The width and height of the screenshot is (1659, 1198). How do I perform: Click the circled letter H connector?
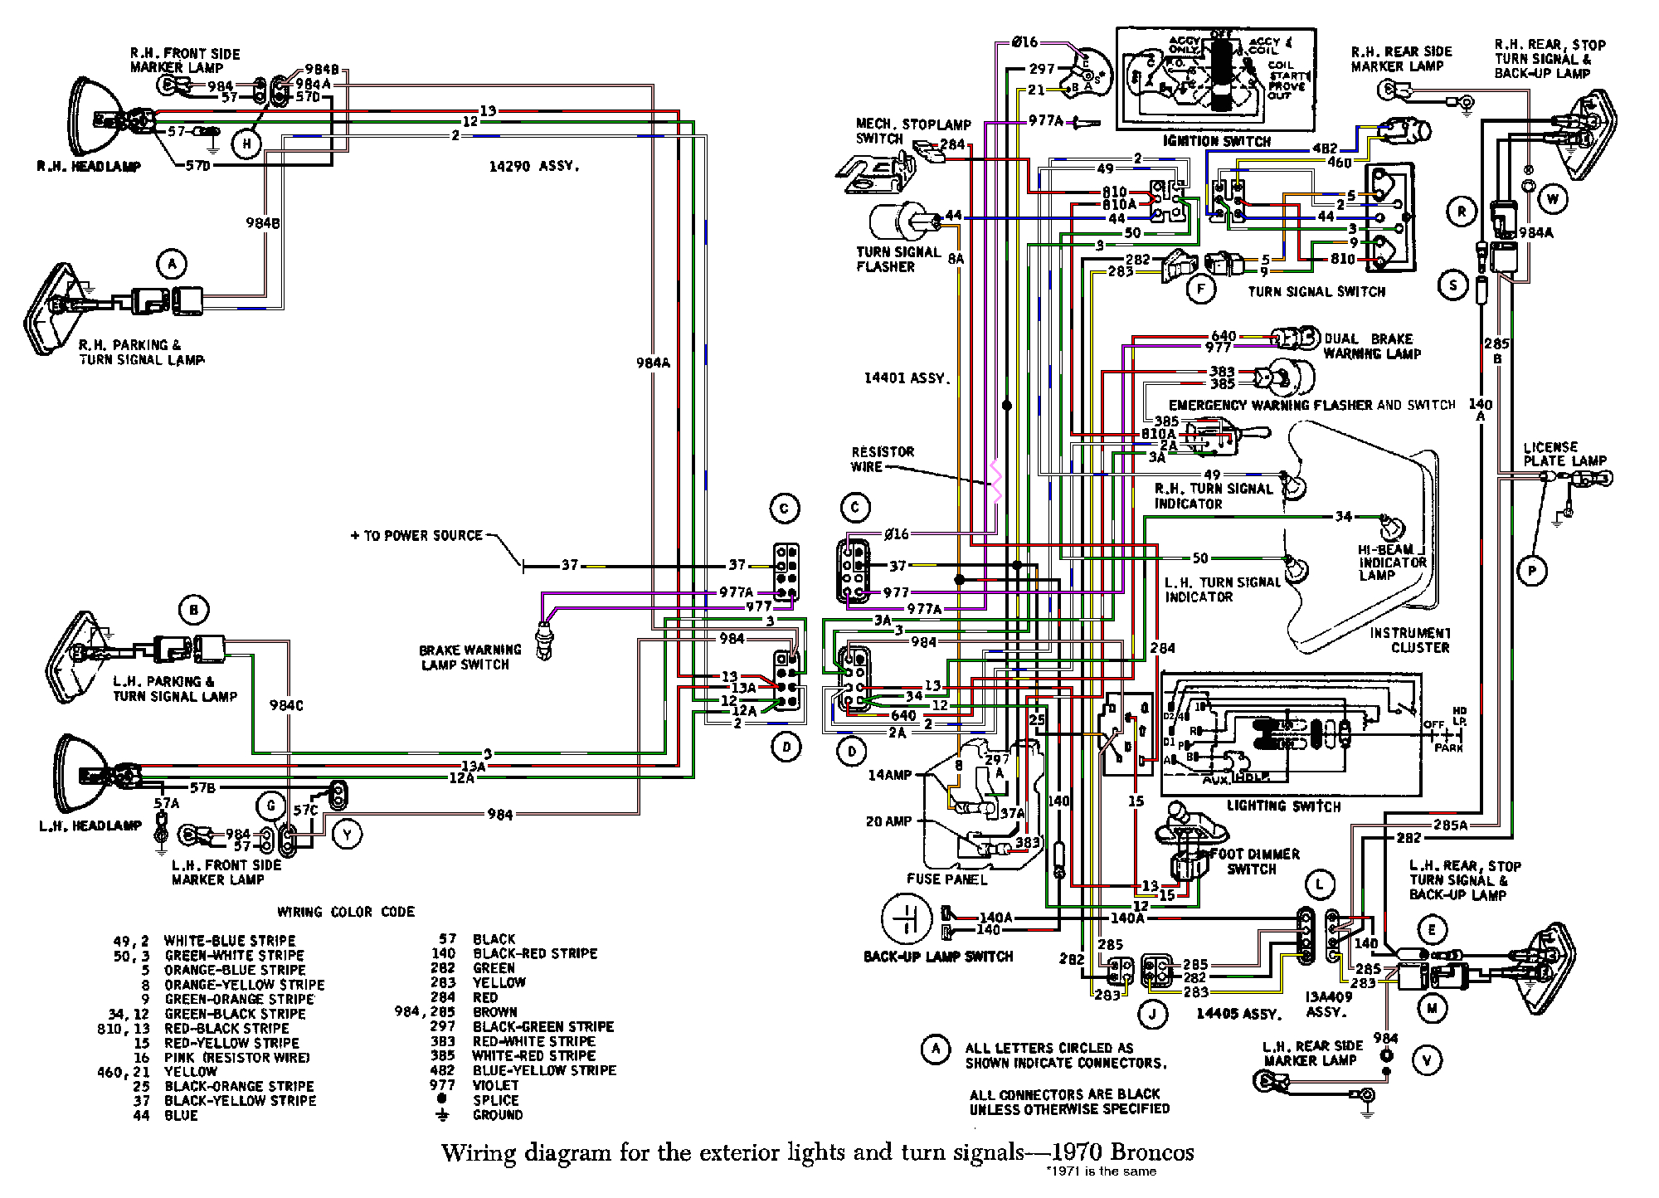pyautogui.click(x=246, y=144)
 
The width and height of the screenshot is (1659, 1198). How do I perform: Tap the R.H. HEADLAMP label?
pyautogui.click(x=89, y=166)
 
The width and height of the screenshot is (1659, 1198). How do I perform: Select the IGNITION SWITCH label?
pyautogui.click(x=1217, y=142)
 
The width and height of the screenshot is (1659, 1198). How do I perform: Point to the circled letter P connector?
pyautogui.click(x=1533, y=570)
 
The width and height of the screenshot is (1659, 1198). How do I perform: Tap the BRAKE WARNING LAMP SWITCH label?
pyautogui.click(x=470, y=657)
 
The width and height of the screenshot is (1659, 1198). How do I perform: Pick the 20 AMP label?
pyautogui.click(x=889, y=821)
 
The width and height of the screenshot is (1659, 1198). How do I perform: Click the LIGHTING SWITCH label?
pyautogui.click(x=1283, y=806)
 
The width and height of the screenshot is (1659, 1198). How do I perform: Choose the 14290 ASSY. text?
pyautogui.click(x=533, y=167)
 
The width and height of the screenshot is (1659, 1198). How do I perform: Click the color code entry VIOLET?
pyautogui.click(x=495, y=1085)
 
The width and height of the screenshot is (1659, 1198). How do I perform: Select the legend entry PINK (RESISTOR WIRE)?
pyautogui.click(x=236, y=1057)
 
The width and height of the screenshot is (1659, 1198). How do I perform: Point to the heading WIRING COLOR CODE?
pyautogui.click(x=346, y=912)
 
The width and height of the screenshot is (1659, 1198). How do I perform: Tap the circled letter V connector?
pyautogui.click(x=1427, y=1059)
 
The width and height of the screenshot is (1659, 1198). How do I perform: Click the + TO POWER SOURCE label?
pyautogui.click(x=416, y=536)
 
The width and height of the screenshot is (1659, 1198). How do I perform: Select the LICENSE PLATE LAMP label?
pyautogui.click(x=1564, y=454)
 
